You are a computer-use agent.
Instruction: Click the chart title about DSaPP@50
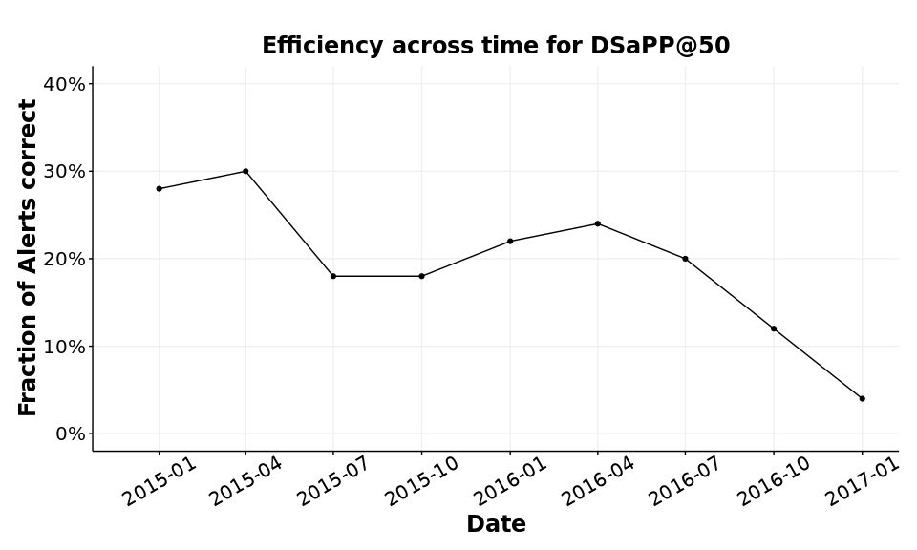click(496, 46)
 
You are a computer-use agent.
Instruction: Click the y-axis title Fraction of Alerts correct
click(29, 258)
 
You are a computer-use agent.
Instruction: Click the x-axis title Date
click(496, 524)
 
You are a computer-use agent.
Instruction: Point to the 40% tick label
click(65, 84)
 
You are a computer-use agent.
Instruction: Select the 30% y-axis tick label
click(65, 172)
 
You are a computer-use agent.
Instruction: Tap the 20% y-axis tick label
click(65, 259)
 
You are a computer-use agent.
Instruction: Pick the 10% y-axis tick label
click(65, 347)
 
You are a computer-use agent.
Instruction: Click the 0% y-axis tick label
click(70, 434)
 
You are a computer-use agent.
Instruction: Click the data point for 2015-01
click(159, 189)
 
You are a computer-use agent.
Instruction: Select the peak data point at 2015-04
click(245, 171)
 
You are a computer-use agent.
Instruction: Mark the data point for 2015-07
click(333, 276)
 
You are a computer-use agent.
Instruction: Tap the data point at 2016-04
click(598, 223)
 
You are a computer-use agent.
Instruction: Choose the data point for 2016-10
click(774, 328)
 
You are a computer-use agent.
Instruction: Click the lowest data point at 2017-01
click(862, 398)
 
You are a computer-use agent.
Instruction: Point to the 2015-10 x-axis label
click(421, 481)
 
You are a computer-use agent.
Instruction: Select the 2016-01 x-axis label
click(509, 481)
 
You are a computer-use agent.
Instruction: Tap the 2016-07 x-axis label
click(685, 481)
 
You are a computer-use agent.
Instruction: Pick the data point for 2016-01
click(510, 241)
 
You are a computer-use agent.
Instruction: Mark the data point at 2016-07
click(685, 259)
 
